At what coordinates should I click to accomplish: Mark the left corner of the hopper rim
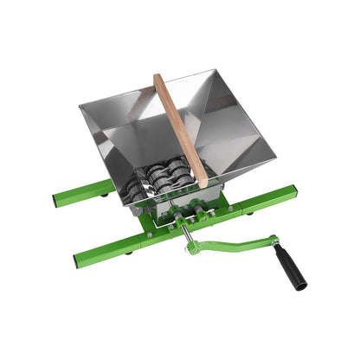(x=80, y=105)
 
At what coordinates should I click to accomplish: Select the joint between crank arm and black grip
(x=275, y=241)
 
